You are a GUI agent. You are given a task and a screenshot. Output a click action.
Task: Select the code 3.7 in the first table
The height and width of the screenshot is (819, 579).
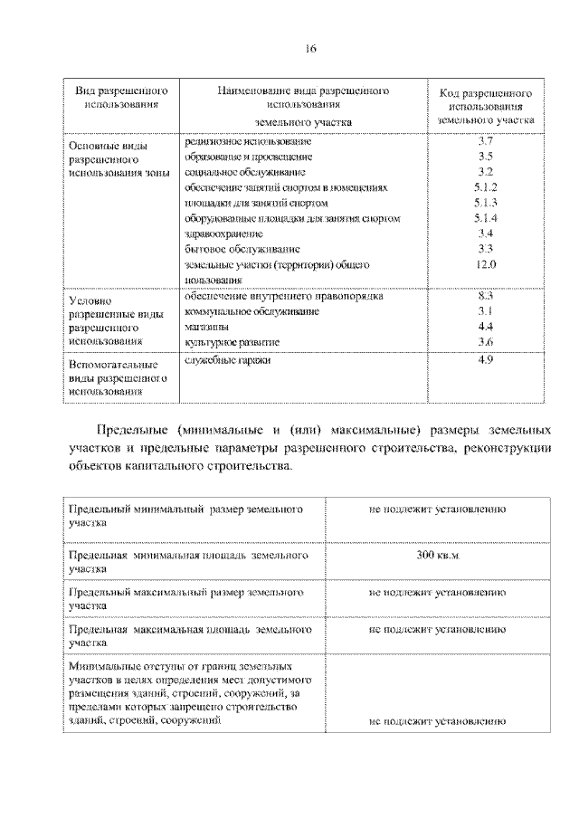click(485, 142)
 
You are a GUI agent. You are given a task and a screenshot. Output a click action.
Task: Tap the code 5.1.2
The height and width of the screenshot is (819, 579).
click(485, 187)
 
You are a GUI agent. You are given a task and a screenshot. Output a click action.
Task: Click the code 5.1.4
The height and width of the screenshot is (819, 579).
click(485, 218)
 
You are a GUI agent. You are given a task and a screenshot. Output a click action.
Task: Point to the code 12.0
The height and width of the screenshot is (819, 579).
click(485, 264)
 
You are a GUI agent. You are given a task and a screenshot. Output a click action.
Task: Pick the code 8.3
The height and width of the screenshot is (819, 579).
click(485, 296)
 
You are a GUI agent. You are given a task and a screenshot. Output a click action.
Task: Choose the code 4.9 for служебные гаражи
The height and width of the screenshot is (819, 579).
click(485, 361)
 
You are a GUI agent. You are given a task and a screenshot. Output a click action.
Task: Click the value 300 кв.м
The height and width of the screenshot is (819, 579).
click(437, 554)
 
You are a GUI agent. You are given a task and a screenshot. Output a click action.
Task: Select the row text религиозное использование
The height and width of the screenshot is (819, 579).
click(248, 142)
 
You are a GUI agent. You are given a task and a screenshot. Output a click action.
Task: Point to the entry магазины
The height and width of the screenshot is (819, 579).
click(205, 327)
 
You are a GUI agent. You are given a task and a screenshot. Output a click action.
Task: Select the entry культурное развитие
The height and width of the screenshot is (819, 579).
click(232, 343)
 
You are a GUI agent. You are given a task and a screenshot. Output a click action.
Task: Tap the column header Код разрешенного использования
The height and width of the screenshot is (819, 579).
click(485, 106)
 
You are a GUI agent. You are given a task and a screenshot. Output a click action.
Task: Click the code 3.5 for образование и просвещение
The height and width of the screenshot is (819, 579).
click(485, 157)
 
